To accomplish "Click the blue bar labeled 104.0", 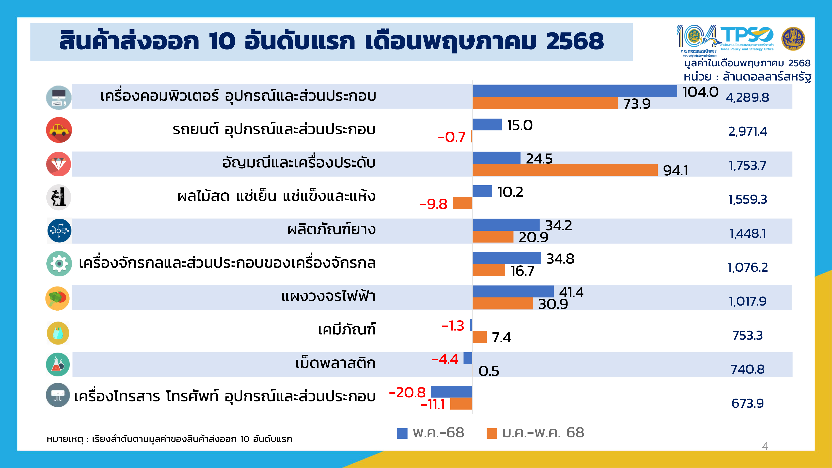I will tap(574, 91).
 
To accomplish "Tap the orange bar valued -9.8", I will tap(462, 203).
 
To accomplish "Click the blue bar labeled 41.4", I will tap(513, 291).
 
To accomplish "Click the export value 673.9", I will tap(747, 403).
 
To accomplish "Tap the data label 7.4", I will tap(501, 338).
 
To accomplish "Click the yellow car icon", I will tap(59, 130).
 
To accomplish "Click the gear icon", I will tap(59, 264).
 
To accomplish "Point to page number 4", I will tap(765, 446).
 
